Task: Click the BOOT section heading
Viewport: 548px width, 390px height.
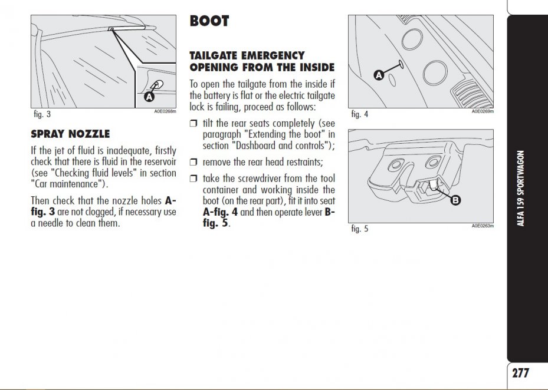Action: tap(209, 21)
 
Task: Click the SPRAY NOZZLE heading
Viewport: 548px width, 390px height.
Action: tap(70, 134)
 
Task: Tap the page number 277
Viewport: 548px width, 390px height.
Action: tap(520, 373)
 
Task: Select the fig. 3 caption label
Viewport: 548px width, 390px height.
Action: tap(41, 114)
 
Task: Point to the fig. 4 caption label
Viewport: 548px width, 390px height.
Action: tap(359, 114)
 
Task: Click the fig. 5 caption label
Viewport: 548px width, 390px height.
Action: tap(359, 229)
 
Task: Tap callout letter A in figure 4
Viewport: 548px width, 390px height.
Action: tap(379, 75)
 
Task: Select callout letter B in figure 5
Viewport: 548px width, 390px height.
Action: tap(455, 201)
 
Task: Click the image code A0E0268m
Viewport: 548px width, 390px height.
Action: tap(165, 111)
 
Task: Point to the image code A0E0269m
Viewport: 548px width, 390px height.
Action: tap(483, 111)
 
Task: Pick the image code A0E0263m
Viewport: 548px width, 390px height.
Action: tap(483, 226)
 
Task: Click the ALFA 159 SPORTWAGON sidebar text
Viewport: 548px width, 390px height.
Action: tap(521, 189)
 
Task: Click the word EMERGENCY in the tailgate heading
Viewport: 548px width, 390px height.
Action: tap(271, 55)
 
